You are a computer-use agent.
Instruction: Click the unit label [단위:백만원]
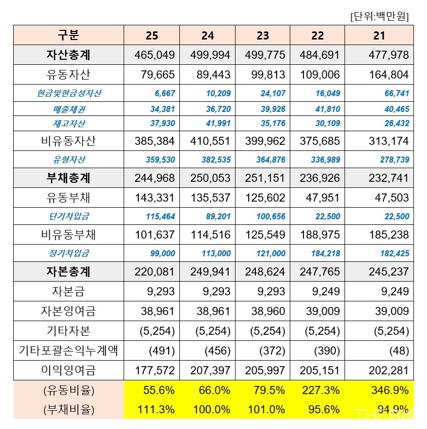pyautogui.click(x=379, y=16)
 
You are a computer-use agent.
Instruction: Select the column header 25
pyautogui.click(x=151, y=35)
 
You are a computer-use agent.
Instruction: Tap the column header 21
pyautogui.click(x=379, y=35)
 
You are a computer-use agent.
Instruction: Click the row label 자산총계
pyautogui.click(x=68, y=55)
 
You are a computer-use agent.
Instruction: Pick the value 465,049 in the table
pyautogui.click(x=154, y=55)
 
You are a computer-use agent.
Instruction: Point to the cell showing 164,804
pyautogui.click(x=388, y=74)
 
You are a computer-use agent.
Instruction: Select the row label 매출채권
pyautogui.click(x=68, y=109)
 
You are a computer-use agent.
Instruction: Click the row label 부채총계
pyautogui.click(x=68, y=178)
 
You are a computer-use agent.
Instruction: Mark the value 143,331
pyautogui.click(x=154, y=198)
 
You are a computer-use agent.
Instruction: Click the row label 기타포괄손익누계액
pyautogui.click(x=68, y=350)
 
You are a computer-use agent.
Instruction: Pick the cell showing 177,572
pyautogui.click(x=154, y=371)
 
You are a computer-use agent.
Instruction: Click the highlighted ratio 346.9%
pyautogui.click(x=392, y=391)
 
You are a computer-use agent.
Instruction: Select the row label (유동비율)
pyautogui.click(x=68, y=391)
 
